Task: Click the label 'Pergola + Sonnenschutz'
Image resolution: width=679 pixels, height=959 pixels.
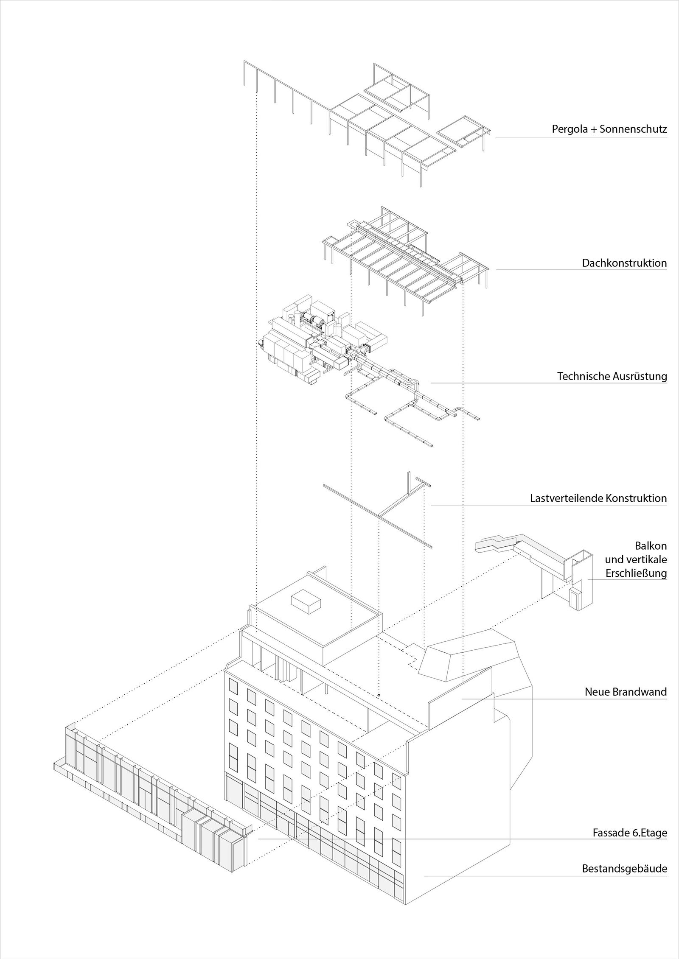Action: (609, 129)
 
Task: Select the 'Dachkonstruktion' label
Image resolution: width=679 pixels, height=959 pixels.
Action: (624, 263)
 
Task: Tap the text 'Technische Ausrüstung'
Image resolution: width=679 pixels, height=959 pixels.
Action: (612, 376)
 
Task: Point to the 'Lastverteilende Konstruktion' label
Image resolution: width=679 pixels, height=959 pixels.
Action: (598, 498)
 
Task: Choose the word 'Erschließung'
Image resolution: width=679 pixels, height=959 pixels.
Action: (636, 573)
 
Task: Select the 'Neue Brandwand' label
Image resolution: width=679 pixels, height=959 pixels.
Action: (626, 692)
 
